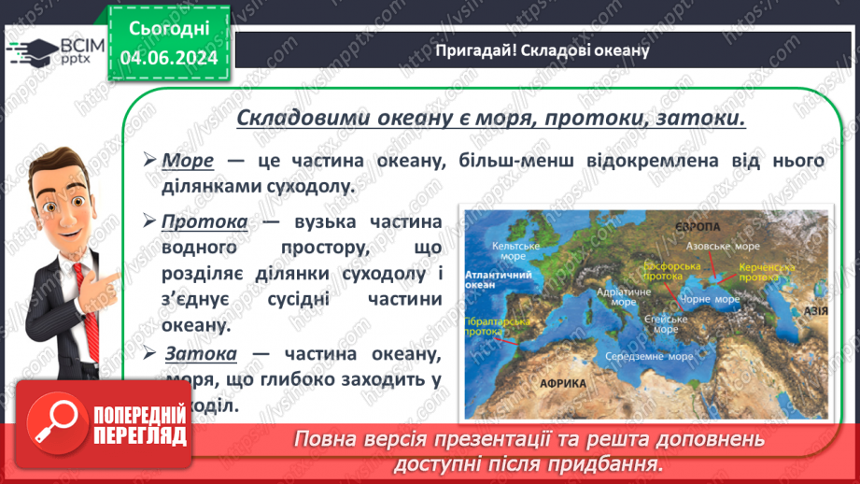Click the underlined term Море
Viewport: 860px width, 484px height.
click(x=188, y=161)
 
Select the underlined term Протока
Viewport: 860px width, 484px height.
click(x=204, y=222)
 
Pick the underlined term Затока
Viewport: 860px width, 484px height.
click(x=201, y=354)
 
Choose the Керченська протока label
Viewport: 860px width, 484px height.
click(x=766, y=271)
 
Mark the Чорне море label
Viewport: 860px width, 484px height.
click(x=714, y=299)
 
